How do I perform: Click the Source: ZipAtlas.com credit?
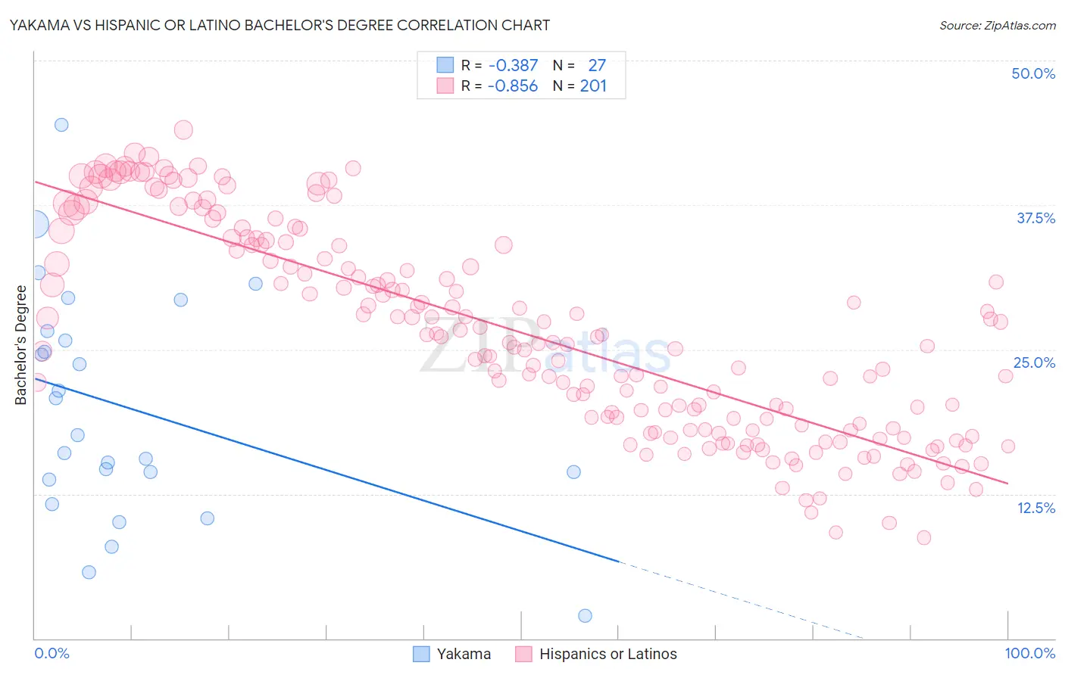[x=997, y=25]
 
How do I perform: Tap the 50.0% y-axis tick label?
[x=1033, y=73]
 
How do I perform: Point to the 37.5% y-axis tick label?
[x=1035, y=218]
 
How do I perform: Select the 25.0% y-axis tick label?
[x=1034, y=362]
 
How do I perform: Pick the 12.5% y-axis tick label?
[x=1035, y=508]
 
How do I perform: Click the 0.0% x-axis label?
[x=52, y=653]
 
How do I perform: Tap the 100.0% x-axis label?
[x=1030, y=653]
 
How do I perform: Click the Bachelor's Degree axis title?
[x=21, y=345]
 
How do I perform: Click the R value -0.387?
[x=513, y=66]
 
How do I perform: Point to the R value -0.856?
[x=513, y=86]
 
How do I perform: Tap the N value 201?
[x=593, y=86]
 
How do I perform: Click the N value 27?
[x=597, y=66]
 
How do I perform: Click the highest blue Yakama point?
[x=61, y=125]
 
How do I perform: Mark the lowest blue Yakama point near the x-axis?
[x=585, y=616]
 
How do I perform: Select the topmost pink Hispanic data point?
[x=183, y=130]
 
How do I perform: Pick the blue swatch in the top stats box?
[x=445, y=66]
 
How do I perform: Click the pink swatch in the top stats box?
[x=445, y=86]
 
